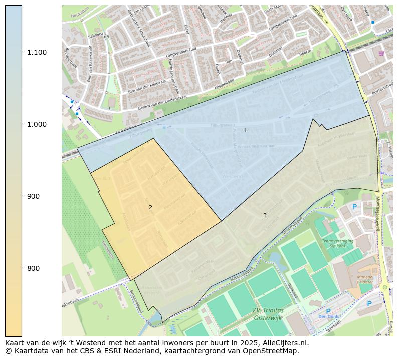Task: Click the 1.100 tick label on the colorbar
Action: coord(37,52)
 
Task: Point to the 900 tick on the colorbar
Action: coord(34,196)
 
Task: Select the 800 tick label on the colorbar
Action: coord(34,268)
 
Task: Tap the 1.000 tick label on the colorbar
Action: coord(37,124)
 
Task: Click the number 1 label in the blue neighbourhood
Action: coord(245,130)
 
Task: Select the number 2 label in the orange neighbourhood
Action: coord(150,207)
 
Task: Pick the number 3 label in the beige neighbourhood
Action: coord(265,215)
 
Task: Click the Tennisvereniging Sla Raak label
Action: coord(337,243)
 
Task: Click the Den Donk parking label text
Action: coord(328,316)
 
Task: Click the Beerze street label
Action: coord(305,52)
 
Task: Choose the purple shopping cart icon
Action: coord(381,53)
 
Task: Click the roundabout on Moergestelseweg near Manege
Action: coord(385,287)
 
